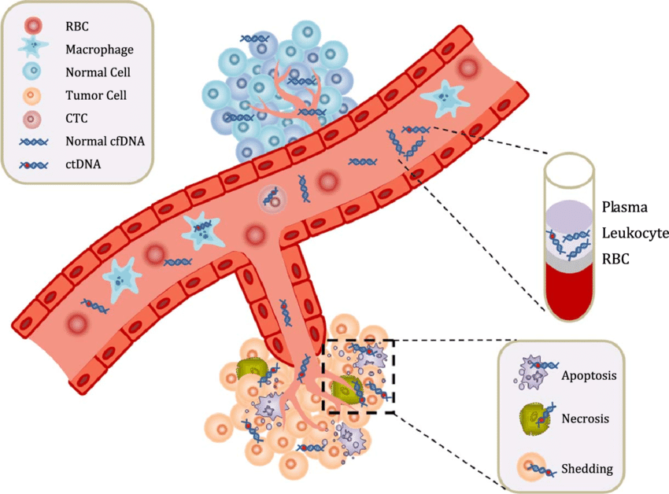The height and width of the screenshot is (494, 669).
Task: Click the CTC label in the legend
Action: pos(77,120)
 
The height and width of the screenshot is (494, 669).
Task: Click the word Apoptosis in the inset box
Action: pos(589,375)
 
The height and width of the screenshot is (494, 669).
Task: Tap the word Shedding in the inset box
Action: pos(587,470)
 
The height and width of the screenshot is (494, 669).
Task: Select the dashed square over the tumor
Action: pos(359,375)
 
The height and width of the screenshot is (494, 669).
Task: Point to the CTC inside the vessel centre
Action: pos(272,198)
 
